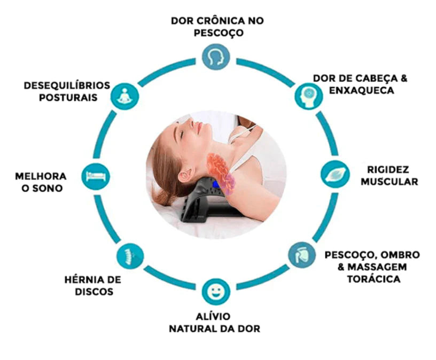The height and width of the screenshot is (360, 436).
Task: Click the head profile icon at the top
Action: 216,57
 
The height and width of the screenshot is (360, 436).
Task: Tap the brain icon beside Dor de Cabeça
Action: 309,96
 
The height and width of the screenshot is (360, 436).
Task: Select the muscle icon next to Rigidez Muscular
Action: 335,174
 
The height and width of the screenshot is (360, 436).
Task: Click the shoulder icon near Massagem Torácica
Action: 302,255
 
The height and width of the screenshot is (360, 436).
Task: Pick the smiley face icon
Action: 216,292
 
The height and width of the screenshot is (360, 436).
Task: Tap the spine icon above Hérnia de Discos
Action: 130,256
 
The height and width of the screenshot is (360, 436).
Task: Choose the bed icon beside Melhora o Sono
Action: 96,176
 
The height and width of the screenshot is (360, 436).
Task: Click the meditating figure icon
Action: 124,96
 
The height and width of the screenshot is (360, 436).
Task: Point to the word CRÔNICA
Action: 220,21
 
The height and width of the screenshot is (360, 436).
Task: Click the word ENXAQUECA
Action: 362,90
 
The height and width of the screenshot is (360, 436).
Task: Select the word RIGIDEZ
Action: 388,169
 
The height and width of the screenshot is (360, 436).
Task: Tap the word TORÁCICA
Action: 373,279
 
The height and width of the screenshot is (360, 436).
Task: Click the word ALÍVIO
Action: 213,316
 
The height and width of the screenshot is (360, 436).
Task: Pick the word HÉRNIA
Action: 81,279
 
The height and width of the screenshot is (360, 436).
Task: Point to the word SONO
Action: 48,189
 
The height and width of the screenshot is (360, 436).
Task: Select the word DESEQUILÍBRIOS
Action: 67,85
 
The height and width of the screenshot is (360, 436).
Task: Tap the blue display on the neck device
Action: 216,184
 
